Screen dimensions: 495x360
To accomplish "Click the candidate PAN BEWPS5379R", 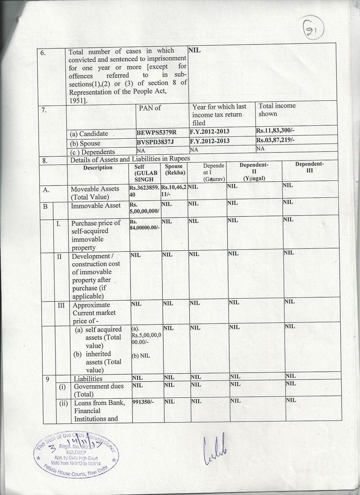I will click(x=157, y=132).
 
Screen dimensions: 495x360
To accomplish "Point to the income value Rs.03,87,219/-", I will click(x=275, y=140).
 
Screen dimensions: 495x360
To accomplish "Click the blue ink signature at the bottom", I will click(x=214, y=451).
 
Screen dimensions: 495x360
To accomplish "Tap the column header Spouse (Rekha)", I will click(x=174, y=170).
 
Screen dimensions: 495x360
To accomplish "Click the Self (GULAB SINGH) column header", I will click(x=145, y=173).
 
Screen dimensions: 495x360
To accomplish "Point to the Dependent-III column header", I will click(x=309, y=167).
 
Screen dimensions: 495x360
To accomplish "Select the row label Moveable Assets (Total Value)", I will click(x=95, y=193).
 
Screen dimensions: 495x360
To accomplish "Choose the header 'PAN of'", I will click(x=150, y=108).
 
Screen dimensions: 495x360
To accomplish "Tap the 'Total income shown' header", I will click(x=277, y=110).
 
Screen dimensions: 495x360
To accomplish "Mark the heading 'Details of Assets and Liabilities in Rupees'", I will click(x=130, y=159).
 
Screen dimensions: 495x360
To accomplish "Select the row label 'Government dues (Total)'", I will click(x=99, y=390).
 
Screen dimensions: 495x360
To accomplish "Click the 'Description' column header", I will click(x=98, y=168).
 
